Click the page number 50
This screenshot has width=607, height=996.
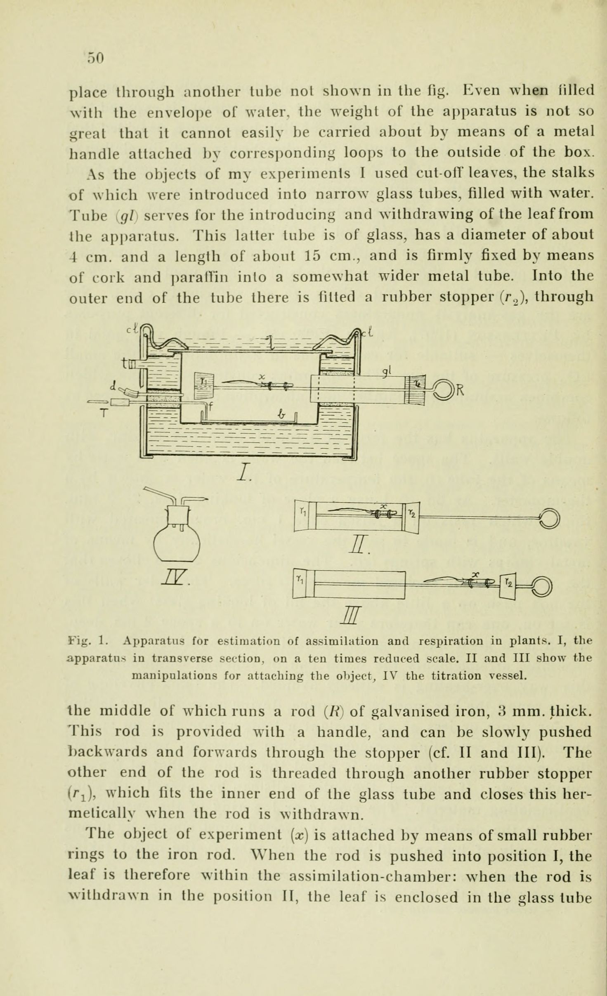click(95, 58)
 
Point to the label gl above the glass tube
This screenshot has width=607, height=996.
click(386, 370)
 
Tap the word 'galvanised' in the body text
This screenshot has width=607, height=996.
click(415, 711)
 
